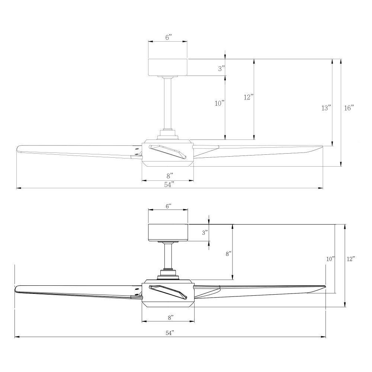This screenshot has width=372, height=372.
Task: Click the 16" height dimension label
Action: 349,108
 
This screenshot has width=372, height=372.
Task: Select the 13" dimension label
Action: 326,108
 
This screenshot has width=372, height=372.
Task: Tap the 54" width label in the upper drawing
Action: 169,185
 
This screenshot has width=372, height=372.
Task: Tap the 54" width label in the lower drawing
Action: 169,333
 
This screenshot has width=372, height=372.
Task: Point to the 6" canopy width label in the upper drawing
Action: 168,38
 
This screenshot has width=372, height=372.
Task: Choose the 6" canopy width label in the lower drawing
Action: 168,206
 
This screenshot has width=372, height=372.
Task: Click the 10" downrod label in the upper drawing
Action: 220,103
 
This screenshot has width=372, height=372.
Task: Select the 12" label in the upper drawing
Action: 248,97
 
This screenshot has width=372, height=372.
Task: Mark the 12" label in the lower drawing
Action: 350,259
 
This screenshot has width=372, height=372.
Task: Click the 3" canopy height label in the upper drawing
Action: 221,68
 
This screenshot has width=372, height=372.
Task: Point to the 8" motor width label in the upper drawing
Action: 169,175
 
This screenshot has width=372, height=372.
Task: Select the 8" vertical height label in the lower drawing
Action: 228,254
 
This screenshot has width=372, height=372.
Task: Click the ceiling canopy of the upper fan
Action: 167,67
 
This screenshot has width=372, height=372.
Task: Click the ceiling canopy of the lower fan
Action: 167,232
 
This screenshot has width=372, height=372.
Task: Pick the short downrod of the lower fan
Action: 169,255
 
